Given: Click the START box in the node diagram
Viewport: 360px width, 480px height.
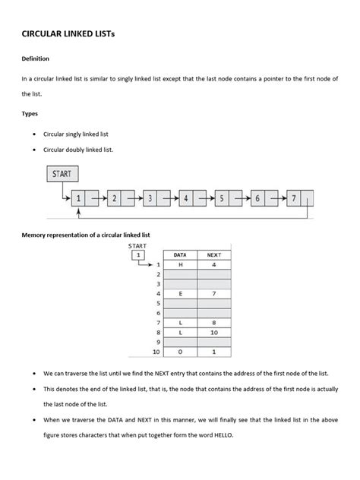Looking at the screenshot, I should click(62, 174).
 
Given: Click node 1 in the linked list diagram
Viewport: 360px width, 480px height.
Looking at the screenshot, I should click(77, 199).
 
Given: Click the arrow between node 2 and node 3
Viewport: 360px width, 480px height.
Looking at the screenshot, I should click(134, 199).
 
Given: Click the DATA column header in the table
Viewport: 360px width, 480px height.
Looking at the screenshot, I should click(180, 255).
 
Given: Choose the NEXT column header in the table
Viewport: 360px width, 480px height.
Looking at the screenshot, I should click(213, 255).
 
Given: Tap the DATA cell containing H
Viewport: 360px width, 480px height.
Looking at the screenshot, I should click(180, 264).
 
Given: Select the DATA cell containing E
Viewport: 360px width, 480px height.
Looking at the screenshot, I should click(180, 292).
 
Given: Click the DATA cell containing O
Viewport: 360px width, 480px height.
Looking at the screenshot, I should click(180, 352).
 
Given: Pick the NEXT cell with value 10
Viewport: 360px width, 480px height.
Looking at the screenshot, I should click(213, 332).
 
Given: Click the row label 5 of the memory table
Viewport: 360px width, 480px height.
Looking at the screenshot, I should click(158, 302).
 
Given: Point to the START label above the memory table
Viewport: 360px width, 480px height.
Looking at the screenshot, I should click(137, 245).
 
